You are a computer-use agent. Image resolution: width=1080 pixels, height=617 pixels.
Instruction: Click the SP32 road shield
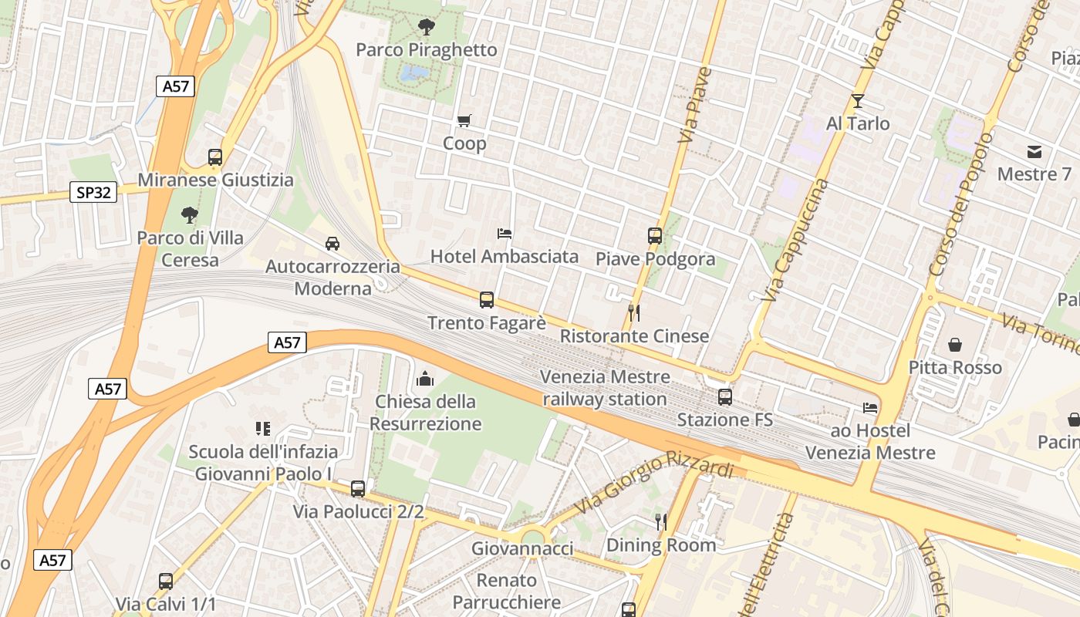coord(93,192)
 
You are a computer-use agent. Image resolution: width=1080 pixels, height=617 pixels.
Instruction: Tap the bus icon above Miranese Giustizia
coord(215,157)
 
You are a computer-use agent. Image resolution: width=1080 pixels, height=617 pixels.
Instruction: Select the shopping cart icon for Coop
coord(464,120)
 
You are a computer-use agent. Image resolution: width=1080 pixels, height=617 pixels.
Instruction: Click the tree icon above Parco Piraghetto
coord(426,28)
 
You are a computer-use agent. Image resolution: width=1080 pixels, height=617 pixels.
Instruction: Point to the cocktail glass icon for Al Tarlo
coord(857,101)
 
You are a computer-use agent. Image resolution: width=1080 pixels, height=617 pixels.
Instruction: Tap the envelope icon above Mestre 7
coord(1034,151)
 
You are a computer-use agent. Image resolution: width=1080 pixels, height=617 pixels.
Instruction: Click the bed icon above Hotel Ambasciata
coord(505,233)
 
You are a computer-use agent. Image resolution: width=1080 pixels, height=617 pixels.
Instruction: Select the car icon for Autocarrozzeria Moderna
coord(332,244)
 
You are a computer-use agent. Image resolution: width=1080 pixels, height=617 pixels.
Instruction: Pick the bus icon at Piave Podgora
coord(655,236)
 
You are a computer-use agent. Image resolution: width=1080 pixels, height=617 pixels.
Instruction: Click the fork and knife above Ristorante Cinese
coord(634,312)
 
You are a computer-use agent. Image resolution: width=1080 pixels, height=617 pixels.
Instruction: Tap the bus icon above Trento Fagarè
coord(487,300)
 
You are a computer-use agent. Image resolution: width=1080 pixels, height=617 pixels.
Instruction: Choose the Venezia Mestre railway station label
coord(605,388)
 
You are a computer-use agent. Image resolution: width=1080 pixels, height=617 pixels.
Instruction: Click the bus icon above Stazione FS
coord(725,397)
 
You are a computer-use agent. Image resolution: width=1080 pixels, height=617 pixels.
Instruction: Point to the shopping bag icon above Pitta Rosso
coord(955,344)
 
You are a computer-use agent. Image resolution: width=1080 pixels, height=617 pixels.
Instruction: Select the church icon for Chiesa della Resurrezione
coord(425,379)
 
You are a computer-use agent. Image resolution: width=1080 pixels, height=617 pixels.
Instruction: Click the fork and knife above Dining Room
coord(661,522)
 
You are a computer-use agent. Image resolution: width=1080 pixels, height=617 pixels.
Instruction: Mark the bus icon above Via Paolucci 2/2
coord(358,488)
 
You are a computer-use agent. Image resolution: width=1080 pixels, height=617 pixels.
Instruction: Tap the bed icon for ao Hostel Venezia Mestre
coord(870,407)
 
